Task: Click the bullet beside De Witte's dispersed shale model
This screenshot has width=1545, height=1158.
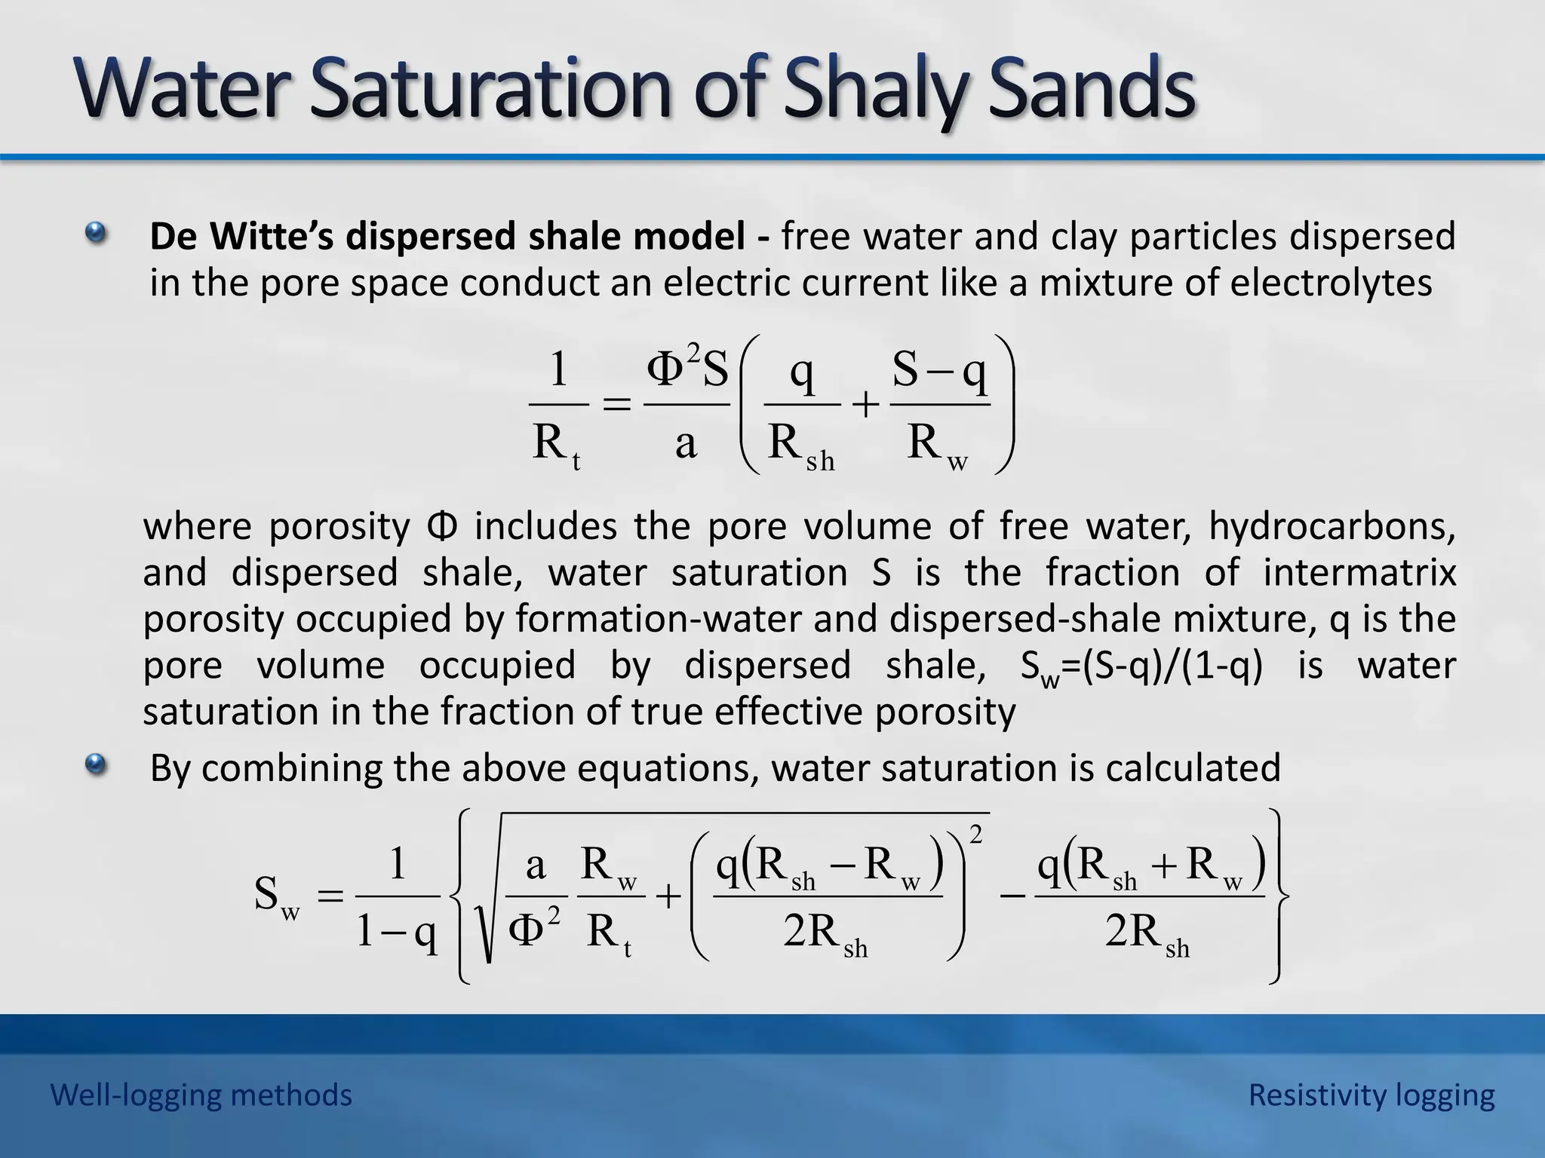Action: point(96,233)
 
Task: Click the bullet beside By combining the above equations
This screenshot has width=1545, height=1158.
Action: point(96,765)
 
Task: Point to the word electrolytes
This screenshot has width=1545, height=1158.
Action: point(1331,283)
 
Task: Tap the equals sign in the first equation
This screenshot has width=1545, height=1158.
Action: point(616,405)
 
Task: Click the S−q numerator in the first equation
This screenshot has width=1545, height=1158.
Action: point(939,371)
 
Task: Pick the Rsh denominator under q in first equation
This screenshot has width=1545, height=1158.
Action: point(800,445)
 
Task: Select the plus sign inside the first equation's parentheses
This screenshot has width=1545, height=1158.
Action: point(865,406)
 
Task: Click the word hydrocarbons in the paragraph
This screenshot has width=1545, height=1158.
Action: point(1332,525)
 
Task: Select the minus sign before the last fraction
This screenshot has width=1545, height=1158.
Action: point(1012,896)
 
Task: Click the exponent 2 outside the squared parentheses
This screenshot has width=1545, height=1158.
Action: point(976,835)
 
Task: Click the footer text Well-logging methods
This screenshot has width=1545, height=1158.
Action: point(201,1095)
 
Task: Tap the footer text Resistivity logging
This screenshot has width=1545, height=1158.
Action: point(1371,1095)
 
